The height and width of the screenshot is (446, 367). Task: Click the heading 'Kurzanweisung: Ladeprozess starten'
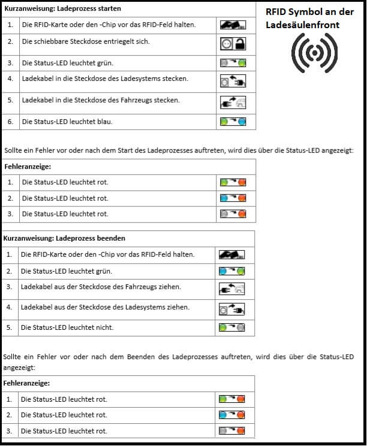[62, 9]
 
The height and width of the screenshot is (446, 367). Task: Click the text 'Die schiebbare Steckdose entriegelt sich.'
[86, 42]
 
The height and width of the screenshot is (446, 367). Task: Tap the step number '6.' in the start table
[11, 122]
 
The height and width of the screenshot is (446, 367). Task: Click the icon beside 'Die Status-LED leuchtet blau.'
[233, 122]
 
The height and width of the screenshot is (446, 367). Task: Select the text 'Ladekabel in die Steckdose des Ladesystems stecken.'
[105, 78]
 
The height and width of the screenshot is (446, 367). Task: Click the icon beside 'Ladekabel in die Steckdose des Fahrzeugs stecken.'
[233, 102]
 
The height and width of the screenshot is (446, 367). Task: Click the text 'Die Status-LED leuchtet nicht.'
[67, 327]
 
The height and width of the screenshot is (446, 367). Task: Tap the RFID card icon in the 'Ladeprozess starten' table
[233, 25]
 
